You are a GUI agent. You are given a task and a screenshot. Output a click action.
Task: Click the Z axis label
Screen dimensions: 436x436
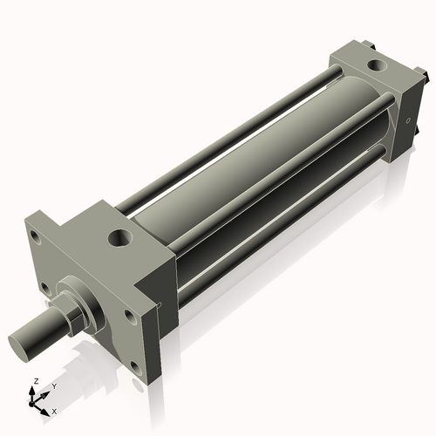pyautogui.click(x=34, y=382)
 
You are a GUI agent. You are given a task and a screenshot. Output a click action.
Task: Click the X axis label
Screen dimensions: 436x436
pyautogui.click(x=54, y=410)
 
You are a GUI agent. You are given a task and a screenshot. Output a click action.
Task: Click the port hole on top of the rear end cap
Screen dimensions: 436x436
pyautogui.click(x=376, y=65)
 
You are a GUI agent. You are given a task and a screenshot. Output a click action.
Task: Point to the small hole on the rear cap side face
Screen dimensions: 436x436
pyautogui.click(x=406, y=120)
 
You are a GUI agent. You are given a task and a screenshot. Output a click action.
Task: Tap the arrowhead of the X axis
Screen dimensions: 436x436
pyautogui.click(x=48, y=407)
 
